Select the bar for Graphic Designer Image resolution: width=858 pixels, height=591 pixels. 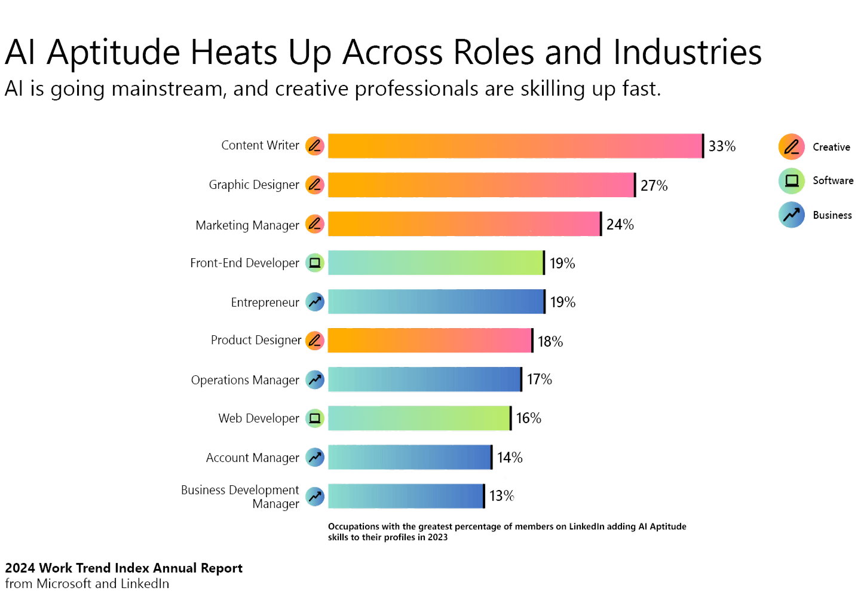click(x=481, y=185)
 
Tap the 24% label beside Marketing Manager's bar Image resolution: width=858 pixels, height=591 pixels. click(x=620, y=224)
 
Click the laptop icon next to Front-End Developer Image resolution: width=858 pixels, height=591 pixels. click(x=315, y=263)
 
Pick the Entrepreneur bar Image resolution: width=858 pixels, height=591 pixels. click(x=436, y=302)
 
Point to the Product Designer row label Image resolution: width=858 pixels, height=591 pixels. click(x=256, y=341)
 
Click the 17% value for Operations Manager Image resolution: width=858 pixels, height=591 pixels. click(x=539, y=379)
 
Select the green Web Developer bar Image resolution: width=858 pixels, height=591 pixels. click(x=419, y=418)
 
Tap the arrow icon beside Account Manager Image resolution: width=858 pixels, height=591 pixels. click(x=315, y=457)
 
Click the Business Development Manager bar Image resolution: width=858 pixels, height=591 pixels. click(x=405, y=496)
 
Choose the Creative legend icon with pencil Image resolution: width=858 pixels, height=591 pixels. click(x=791, y=147)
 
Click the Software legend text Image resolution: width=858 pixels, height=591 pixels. click(x=833, y=181)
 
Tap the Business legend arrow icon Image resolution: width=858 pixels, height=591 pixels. click(x=791, y=215)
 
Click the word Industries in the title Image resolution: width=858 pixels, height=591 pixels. click(x=688, y=53)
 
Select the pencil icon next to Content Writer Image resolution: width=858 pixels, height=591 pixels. click(x=315, y=146)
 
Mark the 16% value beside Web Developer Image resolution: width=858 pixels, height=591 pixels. click(x=529, y=418)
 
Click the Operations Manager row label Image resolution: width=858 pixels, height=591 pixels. click(x=245, y=380)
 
